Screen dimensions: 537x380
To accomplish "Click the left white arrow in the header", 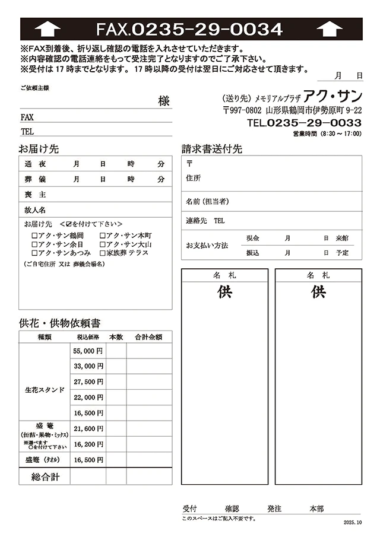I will pyautogui.click(x=47, y=29).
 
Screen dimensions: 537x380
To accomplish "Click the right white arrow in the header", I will pyautogui.click(x=330, y=29).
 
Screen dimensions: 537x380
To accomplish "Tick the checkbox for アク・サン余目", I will pyautogui.click(x=34, y=244).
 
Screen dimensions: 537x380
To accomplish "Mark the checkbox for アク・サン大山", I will pyautogui.click(x=103, y=244).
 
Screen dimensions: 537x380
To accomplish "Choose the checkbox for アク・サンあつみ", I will pyautogui.click(x=34, y=253).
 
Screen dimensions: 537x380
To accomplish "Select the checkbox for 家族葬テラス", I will pyautogui.click(x=103, y=253).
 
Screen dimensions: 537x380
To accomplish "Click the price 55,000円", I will pyautogui.click(x=88, y=351).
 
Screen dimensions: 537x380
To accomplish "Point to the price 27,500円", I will pyautogui.click(x=88, y=382).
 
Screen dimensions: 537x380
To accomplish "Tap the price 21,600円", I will pyautogui.click(x=88, y=428).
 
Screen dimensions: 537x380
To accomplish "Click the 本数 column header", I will pyautogui.click(x=116, y=337).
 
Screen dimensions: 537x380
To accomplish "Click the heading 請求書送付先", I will pyautogui.click(x=212, y=149).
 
